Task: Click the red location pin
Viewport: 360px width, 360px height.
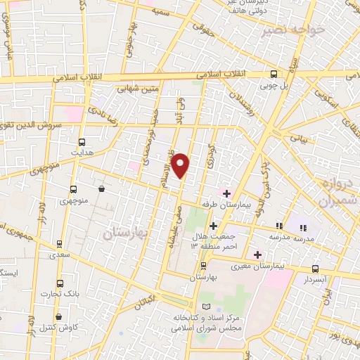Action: click(x=181, y=165)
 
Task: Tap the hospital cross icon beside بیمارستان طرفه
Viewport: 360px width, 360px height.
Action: click(x=226, y=193)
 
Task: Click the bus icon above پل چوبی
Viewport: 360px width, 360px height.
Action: click(x=274, y=74)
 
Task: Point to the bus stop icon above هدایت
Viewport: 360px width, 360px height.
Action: click(x=82, y=141)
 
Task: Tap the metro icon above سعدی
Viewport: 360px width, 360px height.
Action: click(x=59, y=245)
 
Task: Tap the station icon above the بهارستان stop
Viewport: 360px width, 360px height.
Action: click(x=204, y=266)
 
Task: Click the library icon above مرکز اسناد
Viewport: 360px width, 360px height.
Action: click(x=205, y=307)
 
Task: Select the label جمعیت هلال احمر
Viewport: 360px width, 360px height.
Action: click(x=214, y=240)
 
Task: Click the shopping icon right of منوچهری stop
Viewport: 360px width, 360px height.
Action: click(x=103, y=188)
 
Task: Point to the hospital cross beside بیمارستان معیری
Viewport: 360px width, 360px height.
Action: click(x=259, y=255)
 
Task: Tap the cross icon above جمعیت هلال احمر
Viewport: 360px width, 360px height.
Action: click(x=214, y=226)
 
